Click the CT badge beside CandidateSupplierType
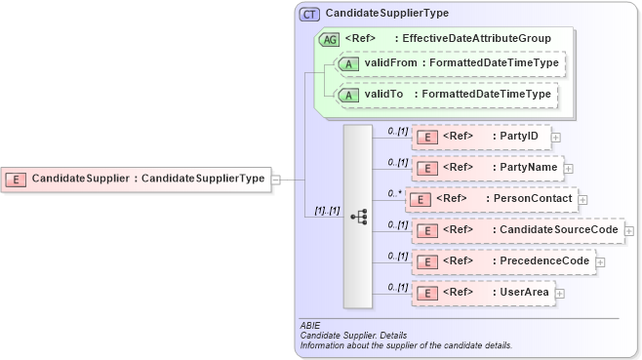(x=309, y=14)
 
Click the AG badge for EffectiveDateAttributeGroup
(x=331, y=39)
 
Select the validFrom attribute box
(x=449, y=63)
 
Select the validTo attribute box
(x=445, y=95)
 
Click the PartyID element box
(x=481, y=137)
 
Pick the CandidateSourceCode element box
(x=517, y=230)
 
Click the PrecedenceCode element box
(x=502, y=261)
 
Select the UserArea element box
(x=482, y=292)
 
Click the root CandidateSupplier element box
(x=136, y=179)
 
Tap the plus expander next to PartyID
(x=556, y=138)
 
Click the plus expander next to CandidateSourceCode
(x=629, y=231)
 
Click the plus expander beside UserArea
(x=559, y=293)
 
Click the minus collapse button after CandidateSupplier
(x=276, y=180)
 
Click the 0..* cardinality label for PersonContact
(x=395, y=192)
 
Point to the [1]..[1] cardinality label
(x=326, y=210)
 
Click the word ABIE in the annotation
(x=310, y=325)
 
